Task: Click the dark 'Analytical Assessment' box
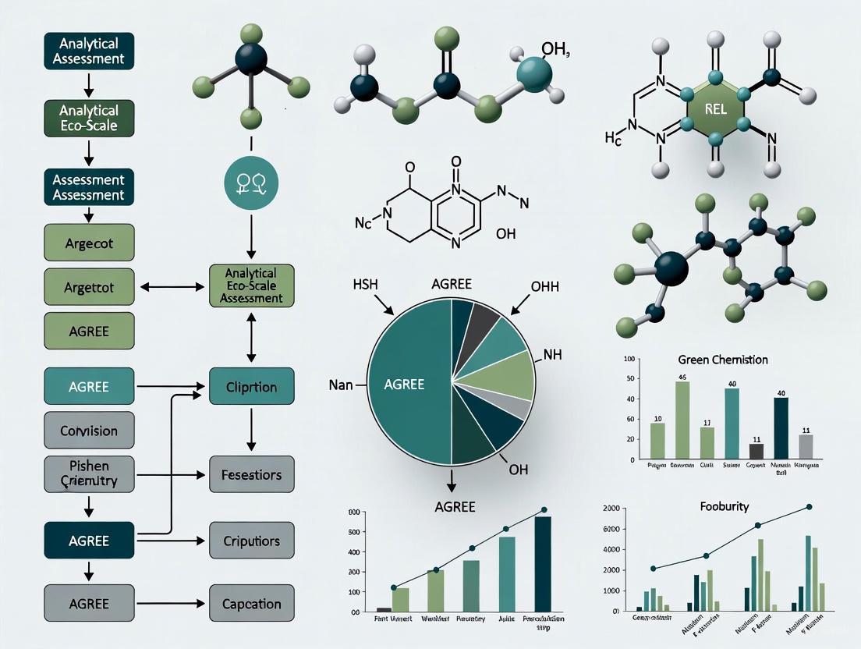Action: pos(89,50)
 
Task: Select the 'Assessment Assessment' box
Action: pos(89,188)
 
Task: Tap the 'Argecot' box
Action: pos(89,243)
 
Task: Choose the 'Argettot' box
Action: pos(89,287)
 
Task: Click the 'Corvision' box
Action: pos(89,431)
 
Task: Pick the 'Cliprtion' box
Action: pos(251,387)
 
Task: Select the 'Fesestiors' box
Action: pos(251,474)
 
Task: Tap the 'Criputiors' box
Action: pos(251,541)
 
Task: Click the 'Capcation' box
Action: pos(251,604)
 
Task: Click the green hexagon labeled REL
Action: pos(714,109)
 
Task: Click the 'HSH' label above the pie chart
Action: pos(364,285)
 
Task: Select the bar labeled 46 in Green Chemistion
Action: pos(682,420)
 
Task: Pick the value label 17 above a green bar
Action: pos(707,422)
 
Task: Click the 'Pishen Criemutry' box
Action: pos(89,473)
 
